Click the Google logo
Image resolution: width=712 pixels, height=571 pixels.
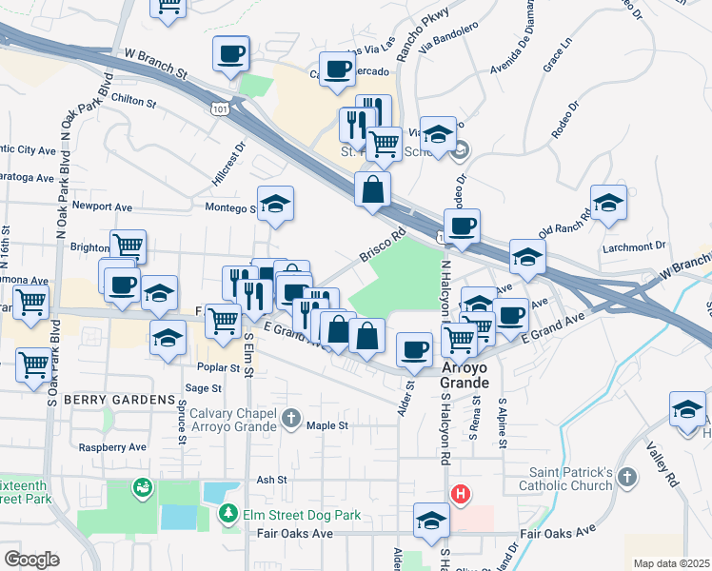(x=31, y=560)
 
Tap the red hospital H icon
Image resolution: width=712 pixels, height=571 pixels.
(x=461, y=495)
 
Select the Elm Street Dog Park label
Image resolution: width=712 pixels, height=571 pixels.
(x=304, y=516)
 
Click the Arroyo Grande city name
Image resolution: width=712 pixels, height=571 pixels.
(x=465, y=375)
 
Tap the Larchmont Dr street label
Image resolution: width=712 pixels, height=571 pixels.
(x=634, y=246)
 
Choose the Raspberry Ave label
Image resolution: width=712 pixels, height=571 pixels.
(x=112, y=446)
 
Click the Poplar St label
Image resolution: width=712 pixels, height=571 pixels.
(x=220, y=366)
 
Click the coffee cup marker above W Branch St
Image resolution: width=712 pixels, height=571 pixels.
(x=229, y=53)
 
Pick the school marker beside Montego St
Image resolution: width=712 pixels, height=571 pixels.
(x=276, y=204)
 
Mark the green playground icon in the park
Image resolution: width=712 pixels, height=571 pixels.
(x=143, y=487)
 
